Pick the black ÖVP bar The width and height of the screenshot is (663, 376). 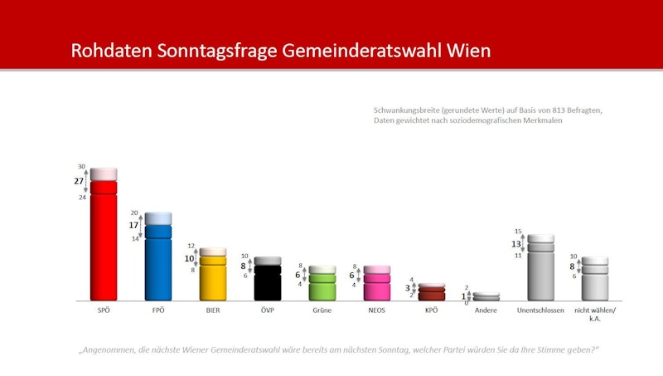click(x=268, y=283)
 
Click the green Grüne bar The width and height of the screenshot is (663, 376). click(x=322, y=287)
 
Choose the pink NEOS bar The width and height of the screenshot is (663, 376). click(x=377, y=287)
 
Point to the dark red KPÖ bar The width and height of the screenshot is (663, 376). click(x=432, y=293)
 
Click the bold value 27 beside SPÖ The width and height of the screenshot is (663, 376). click(x=79, y=181)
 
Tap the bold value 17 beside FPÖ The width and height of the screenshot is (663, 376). click(x=133, y=225)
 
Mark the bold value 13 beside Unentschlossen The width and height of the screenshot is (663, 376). click(x=516, y=244)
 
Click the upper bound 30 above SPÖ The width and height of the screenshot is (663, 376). click(x=82, y=166)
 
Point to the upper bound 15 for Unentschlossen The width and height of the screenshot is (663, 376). click(x=518, y=232)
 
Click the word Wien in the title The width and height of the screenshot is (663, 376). click(x=469, y=51)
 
